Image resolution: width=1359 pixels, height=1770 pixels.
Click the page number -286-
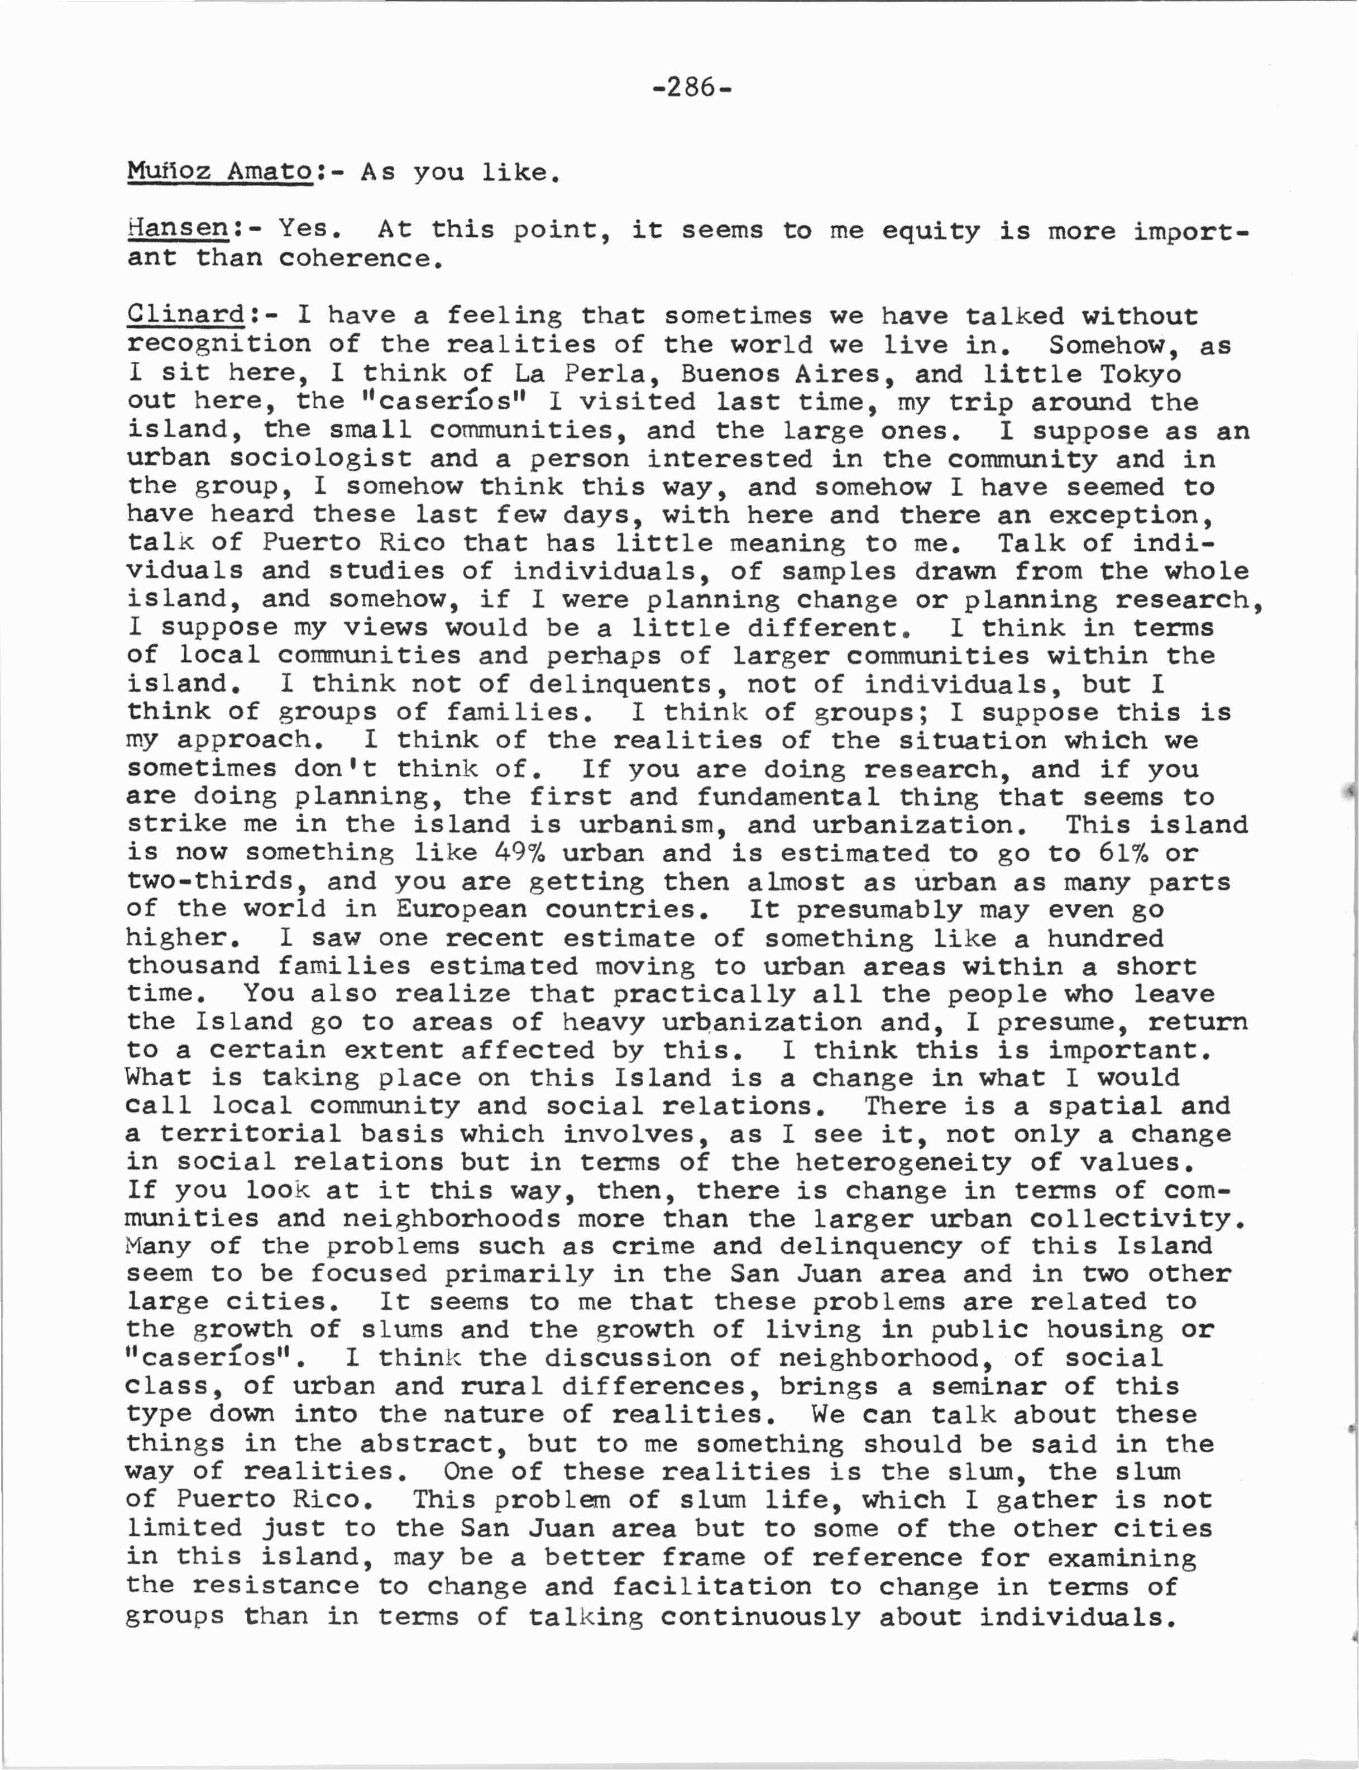point(692,87)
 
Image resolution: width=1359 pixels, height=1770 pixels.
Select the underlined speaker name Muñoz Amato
point(219,171)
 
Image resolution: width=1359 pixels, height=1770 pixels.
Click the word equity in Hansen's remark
point(930,231)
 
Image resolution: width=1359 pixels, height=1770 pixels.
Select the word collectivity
point(1137,1218)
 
